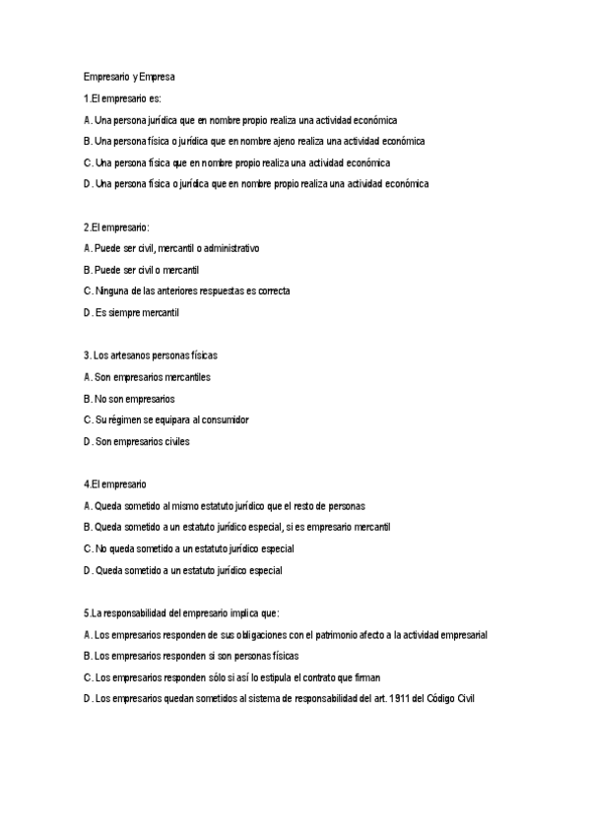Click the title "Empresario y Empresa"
(128, 77)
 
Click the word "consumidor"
(225, 419)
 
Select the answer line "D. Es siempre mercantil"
(131, 313)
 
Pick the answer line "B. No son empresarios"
(129, 399)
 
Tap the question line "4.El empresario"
(115, 484)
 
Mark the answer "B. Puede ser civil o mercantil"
(142, 270)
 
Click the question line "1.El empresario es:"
(123, 98)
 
